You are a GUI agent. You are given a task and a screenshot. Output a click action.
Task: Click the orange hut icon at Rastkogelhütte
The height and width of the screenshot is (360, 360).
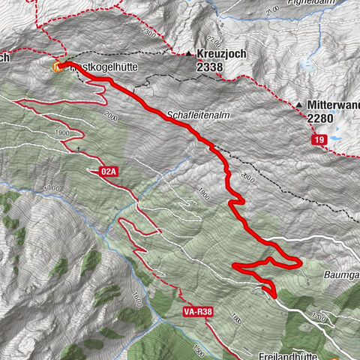point(57,66)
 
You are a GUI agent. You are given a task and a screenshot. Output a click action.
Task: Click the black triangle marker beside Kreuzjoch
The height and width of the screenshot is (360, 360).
point(189,54)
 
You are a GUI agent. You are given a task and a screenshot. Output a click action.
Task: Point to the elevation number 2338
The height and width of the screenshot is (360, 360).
point(211,67)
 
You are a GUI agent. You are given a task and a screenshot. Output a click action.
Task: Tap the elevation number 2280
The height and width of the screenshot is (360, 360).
point(321,117)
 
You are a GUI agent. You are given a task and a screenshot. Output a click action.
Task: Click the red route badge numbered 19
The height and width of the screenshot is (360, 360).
point(319,139)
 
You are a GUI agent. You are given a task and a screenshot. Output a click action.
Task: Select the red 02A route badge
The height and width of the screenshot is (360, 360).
point(109,172)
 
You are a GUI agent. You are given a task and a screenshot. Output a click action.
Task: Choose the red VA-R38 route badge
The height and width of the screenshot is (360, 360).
point(196,310)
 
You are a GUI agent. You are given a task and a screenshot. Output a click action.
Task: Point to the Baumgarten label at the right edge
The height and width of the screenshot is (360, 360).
point(341,275)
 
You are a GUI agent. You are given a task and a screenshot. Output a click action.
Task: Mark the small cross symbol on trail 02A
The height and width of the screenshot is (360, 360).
point(78,148)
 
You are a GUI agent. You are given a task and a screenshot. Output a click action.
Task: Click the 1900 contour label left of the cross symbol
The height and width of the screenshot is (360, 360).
point(61,133)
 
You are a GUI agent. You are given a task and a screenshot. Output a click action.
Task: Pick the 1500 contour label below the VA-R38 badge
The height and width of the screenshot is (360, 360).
point(196,351)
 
